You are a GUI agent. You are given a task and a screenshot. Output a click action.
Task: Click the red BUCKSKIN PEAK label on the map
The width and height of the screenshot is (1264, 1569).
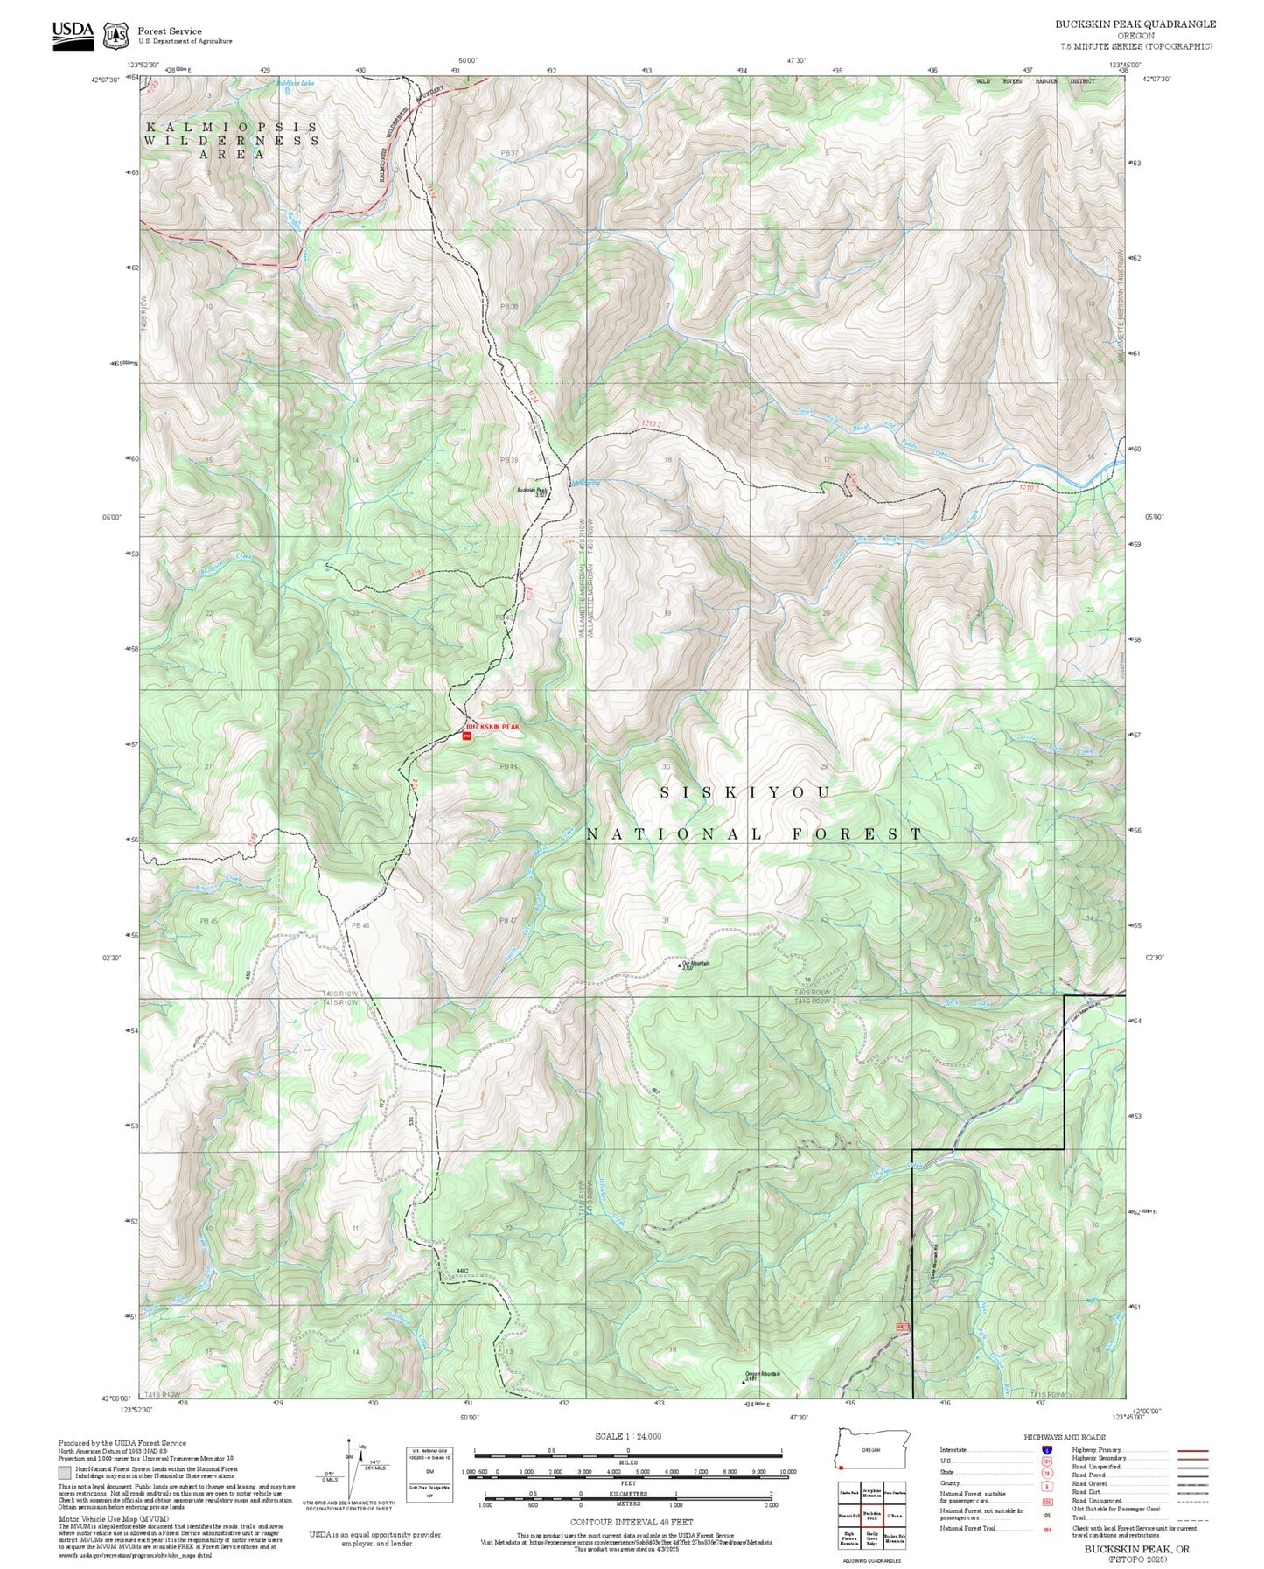click(x=492, y=727)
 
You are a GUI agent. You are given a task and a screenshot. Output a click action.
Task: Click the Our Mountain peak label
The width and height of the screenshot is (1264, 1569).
click(x=697, y=963)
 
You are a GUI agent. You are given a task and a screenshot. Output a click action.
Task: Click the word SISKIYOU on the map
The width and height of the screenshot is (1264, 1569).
click(x=745, y=792)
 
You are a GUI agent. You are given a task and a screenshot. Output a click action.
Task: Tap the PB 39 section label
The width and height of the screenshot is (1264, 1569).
click(x=509, y=460)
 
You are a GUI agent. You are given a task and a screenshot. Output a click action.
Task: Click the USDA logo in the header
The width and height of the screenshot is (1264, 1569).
click(x=73, y=34)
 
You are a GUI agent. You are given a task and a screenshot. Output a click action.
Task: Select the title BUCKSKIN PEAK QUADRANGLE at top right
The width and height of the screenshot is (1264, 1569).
click(x=1135, y=24)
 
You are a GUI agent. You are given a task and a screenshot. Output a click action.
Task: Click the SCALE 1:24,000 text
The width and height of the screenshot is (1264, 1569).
click(x=627, y=1436)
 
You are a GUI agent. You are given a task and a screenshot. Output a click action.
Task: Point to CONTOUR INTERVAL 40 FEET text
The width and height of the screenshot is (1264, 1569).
click(x=631, y=1523)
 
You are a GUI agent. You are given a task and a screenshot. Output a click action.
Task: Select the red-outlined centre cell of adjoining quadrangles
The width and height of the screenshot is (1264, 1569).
click(x=870, y=1515)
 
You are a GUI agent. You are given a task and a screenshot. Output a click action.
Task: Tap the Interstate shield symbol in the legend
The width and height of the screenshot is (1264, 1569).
click(x=1046, y=1449)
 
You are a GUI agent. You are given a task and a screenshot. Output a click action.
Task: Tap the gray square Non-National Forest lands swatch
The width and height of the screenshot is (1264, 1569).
click(x=66, y=1472)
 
